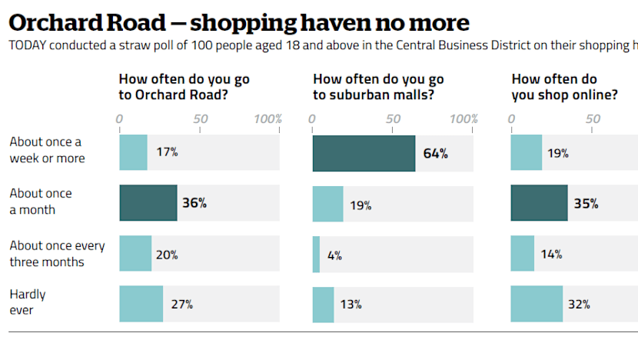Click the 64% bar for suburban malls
click(x=364, y=153)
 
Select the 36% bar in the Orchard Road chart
click(x=148, y=204)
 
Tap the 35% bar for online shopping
click(x=539, y=204)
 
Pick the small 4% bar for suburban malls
click(x=316, y=255)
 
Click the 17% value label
click(x=167, y=152)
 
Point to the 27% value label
click(x=181, y=304)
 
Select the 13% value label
click(x=351, y=304)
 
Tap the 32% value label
click(x=579, y=304)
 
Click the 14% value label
click(x=550, y=254)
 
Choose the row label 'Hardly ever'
click(x=28, y=302)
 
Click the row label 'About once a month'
click(x=41, y=202)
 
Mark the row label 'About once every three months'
click(x=57, y=254)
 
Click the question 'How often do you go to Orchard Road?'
click(x=184, y=87)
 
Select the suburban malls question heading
click(x=378, y=87)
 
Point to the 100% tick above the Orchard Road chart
click(x=267, y=119)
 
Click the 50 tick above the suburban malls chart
click(x=393, y=119)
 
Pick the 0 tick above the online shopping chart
click(x=511, y=119)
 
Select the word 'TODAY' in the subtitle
click(x=28, y=45)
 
